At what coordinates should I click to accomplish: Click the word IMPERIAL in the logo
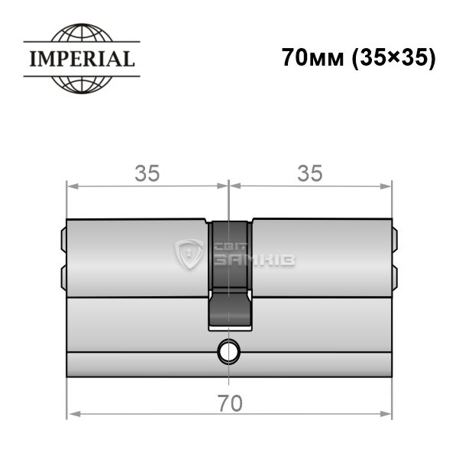click(82, 59)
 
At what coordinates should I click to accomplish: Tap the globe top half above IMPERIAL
click(82, 32)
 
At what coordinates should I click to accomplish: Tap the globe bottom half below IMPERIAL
click(82, 85)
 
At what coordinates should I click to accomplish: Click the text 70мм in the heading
click(313, 57)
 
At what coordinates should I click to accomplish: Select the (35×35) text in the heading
click(394, 58)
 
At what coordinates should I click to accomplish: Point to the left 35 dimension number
click(147, 173)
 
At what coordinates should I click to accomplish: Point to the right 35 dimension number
click(310, 173)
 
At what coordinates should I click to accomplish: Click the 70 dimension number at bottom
click(230, 404)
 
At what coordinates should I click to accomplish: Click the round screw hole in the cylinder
click(228, 351)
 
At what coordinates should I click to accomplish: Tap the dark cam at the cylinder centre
click(229, 275)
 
